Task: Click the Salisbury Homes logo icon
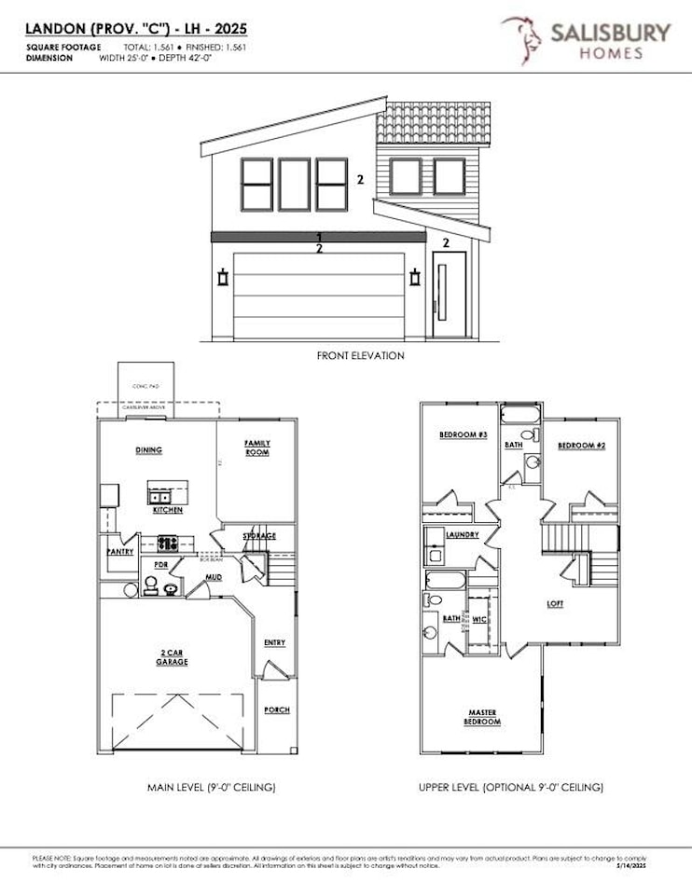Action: pos(520,39)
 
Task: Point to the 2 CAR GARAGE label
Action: pos(173,657)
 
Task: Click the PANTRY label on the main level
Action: pos(120,552)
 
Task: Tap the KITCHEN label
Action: pos(168,510)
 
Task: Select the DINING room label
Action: pos(148,450)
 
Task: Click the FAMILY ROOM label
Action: pos(256,447)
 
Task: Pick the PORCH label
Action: pos(277,709)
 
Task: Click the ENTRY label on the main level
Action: pos(274,642)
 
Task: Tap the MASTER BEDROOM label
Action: pos(482,717)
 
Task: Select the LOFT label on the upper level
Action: pos(555,603)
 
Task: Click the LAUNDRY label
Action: pos(463,535)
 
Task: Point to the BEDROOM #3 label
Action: pos(464,434)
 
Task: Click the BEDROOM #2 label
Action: pos(582,447)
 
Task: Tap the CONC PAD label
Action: pos(141,383)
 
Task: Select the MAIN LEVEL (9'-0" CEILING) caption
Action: pos(212,788)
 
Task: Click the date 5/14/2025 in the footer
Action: pos(643,865)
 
